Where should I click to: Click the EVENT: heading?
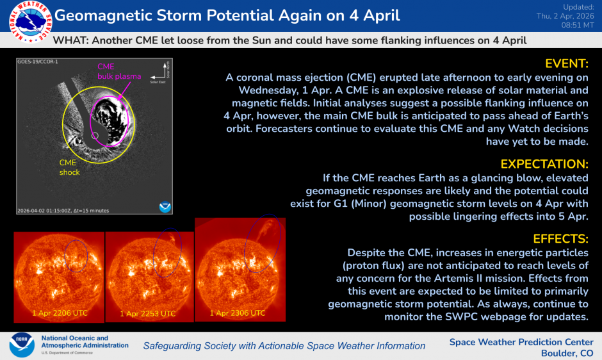click(566, 63)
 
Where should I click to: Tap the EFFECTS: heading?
click(560, 239)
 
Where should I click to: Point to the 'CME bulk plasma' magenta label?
click(118, 71)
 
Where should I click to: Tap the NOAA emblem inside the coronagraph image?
click(165, 206)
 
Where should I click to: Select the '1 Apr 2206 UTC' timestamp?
click(60, 313)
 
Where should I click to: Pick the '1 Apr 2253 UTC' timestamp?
click(148, 314)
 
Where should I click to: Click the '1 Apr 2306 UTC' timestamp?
click(238, 313)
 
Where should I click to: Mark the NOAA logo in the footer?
click(21, 345)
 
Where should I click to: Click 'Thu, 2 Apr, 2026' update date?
click(564, 15)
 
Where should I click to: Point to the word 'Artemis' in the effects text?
click(477, 277)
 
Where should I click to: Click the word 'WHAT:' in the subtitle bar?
click(71, 40)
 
